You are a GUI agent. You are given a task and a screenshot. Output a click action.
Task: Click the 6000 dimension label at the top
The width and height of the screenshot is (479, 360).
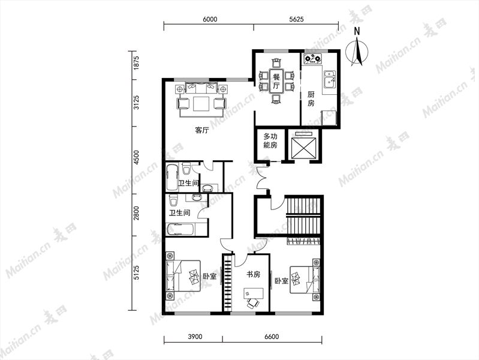pos(210,19)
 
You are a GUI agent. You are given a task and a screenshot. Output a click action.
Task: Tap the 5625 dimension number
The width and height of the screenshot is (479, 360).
pos(296,19)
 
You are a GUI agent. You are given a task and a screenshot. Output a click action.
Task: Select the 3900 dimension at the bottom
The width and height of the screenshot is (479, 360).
pos(195,337)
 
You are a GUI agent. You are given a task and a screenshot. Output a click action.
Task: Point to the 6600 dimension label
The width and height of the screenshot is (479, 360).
pos(271,337)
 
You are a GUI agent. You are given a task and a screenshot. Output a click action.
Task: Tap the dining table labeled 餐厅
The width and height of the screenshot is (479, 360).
pos(276,80)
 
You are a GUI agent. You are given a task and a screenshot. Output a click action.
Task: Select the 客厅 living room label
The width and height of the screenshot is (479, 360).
pos(202,130)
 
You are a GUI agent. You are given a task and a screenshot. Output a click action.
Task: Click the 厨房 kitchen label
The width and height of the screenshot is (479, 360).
pos(311,98)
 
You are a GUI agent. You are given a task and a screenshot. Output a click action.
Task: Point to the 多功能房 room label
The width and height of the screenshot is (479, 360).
pos(270,140)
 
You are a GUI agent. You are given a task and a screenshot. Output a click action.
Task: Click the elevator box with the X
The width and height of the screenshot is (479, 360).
pos(303,148)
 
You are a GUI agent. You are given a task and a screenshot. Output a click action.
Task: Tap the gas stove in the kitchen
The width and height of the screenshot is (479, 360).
pos(312,58)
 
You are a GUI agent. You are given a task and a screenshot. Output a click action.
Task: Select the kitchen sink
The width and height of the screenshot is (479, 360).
pos(330,79)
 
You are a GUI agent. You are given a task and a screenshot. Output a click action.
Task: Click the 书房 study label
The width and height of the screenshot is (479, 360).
pos(253,274)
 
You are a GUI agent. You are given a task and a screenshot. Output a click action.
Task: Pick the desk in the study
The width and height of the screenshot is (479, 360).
pos(253,293)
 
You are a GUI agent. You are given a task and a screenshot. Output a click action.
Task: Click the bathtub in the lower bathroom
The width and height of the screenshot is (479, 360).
pos(180,230)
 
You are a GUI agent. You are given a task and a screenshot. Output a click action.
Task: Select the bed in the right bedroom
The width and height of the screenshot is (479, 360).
pos(303,279)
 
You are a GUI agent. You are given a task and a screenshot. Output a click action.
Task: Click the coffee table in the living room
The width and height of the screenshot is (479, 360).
pos(201,104)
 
